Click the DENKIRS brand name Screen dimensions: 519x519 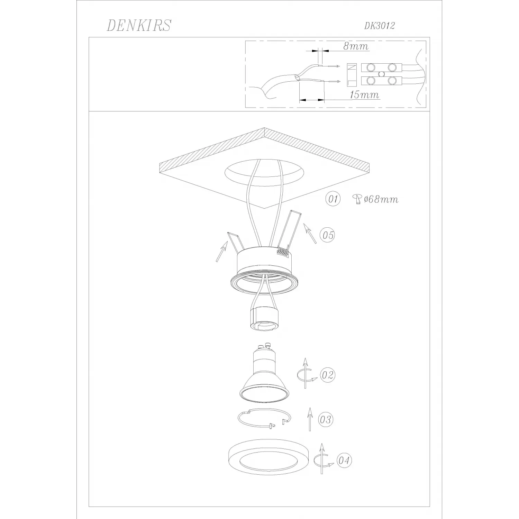coord(139,26)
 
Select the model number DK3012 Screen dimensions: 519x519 coord(379,26)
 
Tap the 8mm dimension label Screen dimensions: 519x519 coord(356,46)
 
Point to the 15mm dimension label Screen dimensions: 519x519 coord(364,94)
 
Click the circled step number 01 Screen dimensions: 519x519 coord(333,199)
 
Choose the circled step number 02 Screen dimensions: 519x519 coord(327,375)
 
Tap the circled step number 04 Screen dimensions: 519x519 coord(344,461)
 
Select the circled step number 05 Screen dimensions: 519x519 coord(327,235)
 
